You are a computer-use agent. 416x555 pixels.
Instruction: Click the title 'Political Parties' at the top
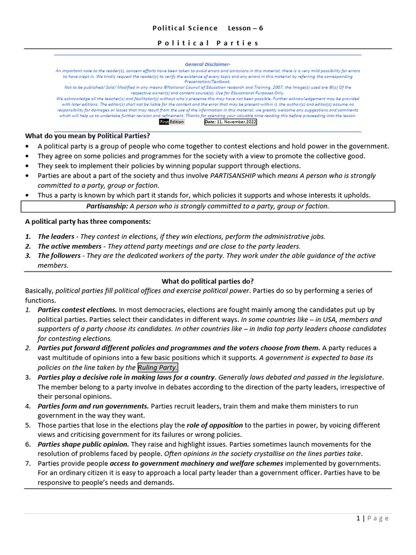click(208, 43)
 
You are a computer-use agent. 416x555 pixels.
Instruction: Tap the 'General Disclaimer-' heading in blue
click(207, 64)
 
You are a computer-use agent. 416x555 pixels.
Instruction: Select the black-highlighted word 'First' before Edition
click(164, 122)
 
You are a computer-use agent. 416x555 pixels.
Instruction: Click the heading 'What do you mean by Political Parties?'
click(88, 136)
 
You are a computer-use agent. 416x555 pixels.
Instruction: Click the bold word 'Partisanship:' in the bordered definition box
click(107, 206)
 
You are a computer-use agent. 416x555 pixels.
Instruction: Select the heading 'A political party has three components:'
click(88, 222)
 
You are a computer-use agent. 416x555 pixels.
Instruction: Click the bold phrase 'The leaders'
click(56, 236)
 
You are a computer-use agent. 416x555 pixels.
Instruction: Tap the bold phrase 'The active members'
click(69, 246)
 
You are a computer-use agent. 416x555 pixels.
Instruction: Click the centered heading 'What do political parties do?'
click(208, 281)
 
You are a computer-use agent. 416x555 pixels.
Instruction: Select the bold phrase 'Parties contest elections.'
click(77, 310)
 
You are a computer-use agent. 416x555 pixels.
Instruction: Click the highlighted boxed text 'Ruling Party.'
click(158, 367)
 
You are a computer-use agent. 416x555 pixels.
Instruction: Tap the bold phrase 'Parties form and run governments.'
click(93, 406)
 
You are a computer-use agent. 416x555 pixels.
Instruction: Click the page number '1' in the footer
click(358, 518)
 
